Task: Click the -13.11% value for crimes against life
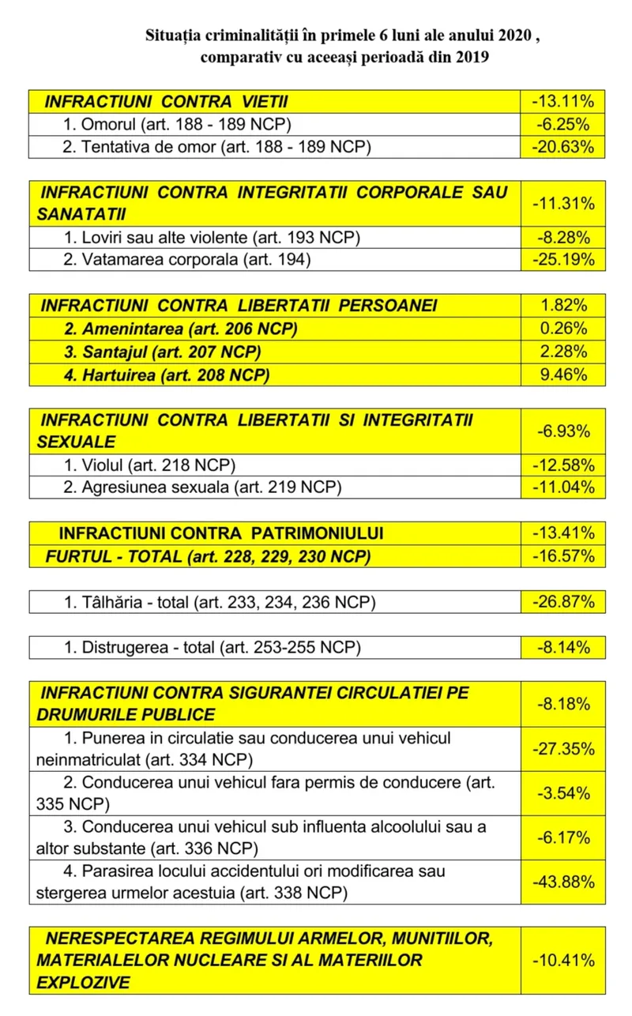[562, 101]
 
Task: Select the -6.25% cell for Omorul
[562, 124]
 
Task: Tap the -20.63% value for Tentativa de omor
[562, 147]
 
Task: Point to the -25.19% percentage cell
[562, 259]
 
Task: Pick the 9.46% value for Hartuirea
[562, 374]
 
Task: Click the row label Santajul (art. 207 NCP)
[163, 352]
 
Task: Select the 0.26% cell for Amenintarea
[562, 329]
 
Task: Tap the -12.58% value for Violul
[562, 465]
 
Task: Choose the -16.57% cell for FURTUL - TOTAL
[562, 556]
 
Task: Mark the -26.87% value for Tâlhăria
[562, 602]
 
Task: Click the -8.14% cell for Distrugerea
[562, 648]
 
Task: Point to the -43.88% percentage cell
[562, 882]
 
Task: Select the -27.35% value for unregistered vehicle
[562, 748]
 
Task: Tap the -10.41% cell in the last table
[562, 960]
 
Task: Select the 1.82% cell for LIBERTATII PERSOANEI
[562, 306]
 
